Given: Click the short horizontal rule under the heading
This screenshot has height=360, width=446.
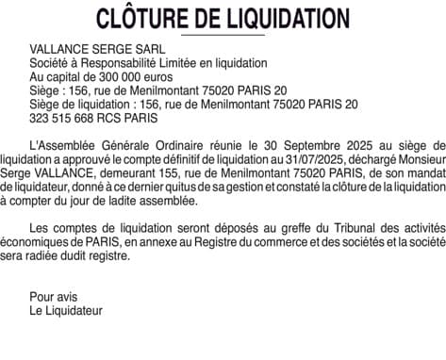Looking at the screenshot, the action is point(223,34).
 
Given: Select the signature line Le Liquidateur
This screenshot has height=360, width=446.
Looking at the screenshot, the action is point(66,310).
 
